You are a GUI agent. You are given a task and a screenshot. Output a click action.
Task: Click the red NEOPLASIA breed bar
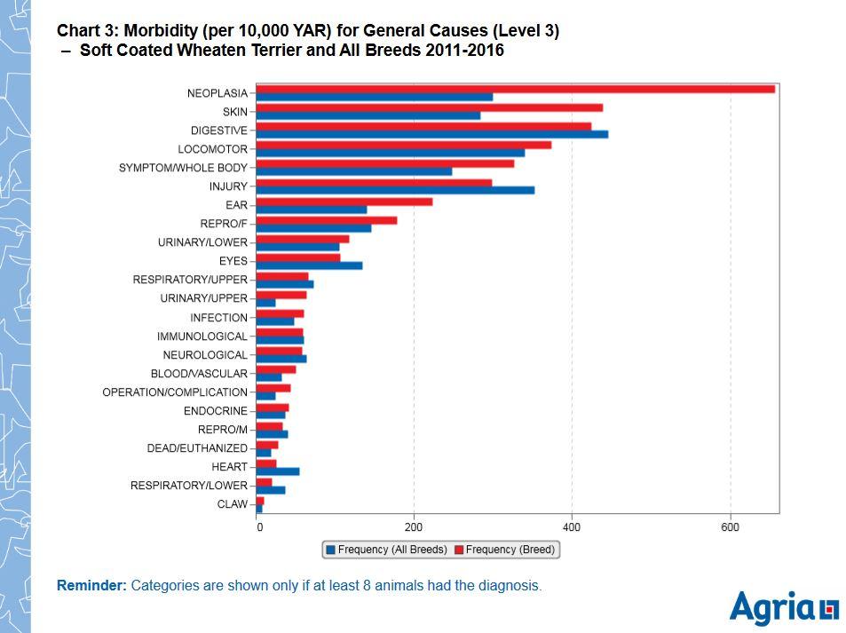(515, 89)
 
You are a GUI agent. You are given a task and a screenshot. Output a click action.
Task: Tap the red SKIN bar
(430, 107)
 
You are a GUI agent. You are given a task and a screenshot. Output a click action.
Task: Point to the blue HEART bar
(278, 471)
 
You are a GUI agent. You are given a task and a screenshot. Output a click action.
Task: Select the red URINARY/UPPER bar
(281, 295)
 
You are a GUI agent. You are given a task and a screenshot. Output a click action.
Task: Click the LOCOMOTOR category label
(212, 149)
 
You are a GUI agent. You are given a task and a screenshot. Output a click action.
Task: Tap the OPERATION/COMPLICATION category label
(175, 392)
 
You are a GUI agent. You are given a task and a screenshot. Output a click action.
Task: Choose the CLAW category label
(233, 504)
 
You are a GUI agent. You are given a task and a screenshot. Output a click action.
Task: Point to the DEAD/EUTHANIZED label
(197, 448)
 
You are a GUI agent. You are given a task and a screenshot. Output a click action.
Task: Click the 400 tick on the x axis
(572, 527)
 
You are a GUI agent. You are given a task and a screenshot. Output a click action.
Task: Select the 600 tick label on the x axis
(730, 527)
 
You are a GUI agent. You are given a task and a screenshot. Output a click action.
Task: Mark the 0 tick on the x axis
(259, 527)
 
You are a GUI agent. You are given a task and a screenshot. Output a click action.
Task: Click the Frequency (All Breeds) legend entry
(386, 550)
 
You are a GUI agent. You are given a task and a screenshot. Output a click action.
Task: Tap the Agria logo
(783, 608)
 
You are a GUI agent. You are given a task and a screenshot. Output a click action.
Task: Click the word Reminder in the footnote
(91, 585)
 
